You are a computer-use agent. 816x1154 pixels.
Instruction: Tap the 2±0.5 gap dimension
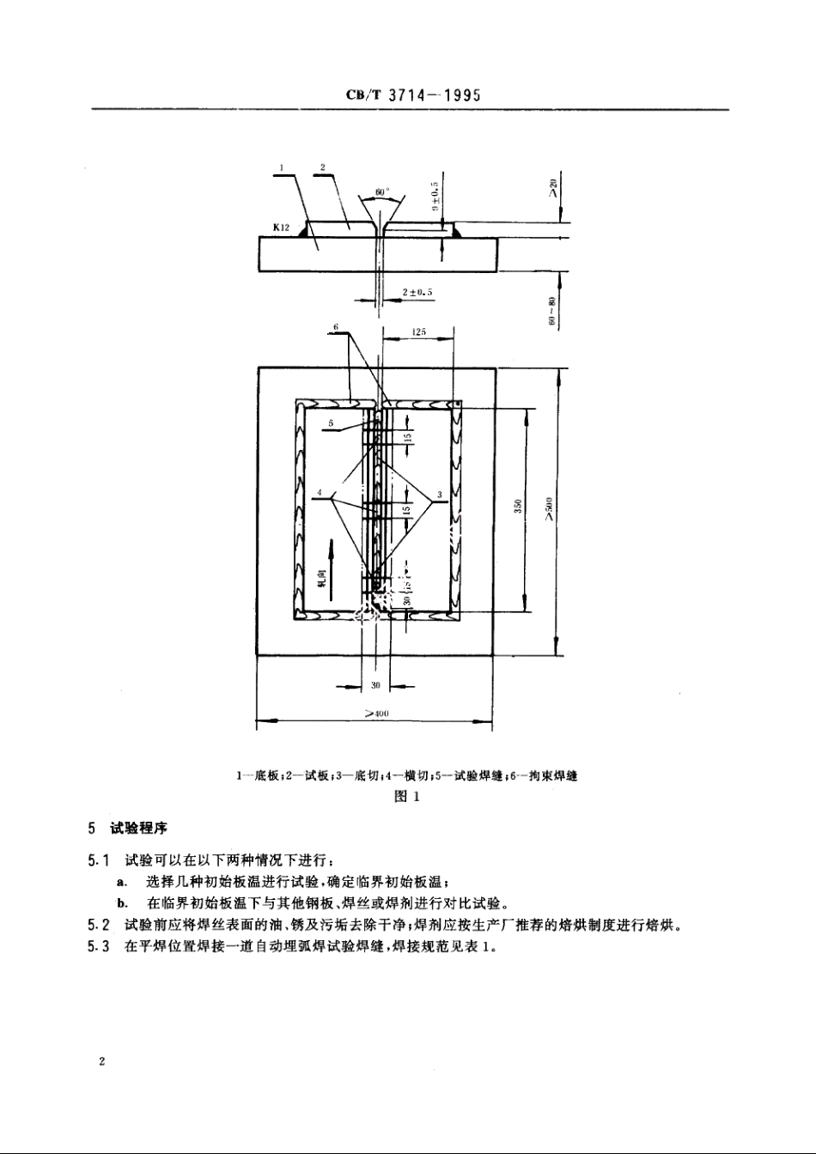coord(417,292)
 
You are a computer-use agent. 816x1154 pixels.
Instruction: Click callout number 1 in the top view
coord(282,167)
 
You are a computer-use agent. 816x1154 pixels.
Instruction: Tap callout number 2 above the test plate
coord(321,167)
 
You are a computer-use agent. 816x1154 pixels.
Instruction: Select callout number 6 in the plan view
coord(338,328)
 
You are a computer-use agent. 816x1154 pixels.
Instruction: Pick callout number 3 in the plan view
coord(439,495)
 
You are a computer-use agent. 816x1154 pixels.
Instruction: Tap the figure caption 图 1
coord(405,796)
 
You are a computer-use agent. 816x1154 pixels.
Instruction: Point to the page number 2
coord(101,1062)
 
